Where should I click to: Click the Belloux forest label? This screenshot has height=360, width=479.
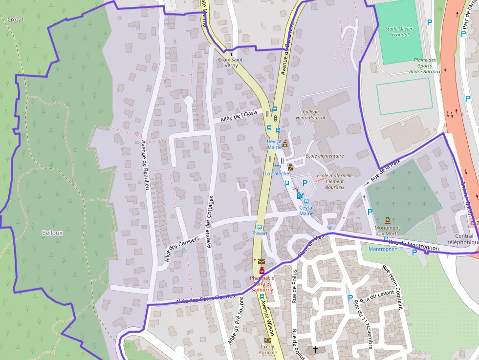[52, 233]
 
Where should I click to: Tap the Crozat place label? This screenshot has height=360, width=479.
[16, 20]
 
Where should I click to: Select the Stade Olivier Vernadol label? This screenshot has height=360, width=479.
[398, 32]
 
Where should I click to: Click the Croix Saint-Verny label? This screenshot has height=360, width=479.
[231, 63]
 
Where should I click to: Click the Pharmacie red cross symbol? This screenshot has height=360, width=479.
[261, 271]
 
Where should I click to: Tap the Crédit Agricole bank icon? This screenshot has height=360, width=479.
[267, 340]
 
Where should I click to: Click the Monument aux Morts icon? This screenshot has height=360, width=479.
[388, 220]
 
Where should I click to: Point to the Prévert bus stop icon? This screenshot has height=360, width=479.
[259, 227]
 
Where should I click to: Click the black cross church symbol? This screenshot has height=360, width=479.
[316, 349]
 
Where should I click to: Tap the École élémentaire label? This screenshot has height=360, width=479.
[325, 156]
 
